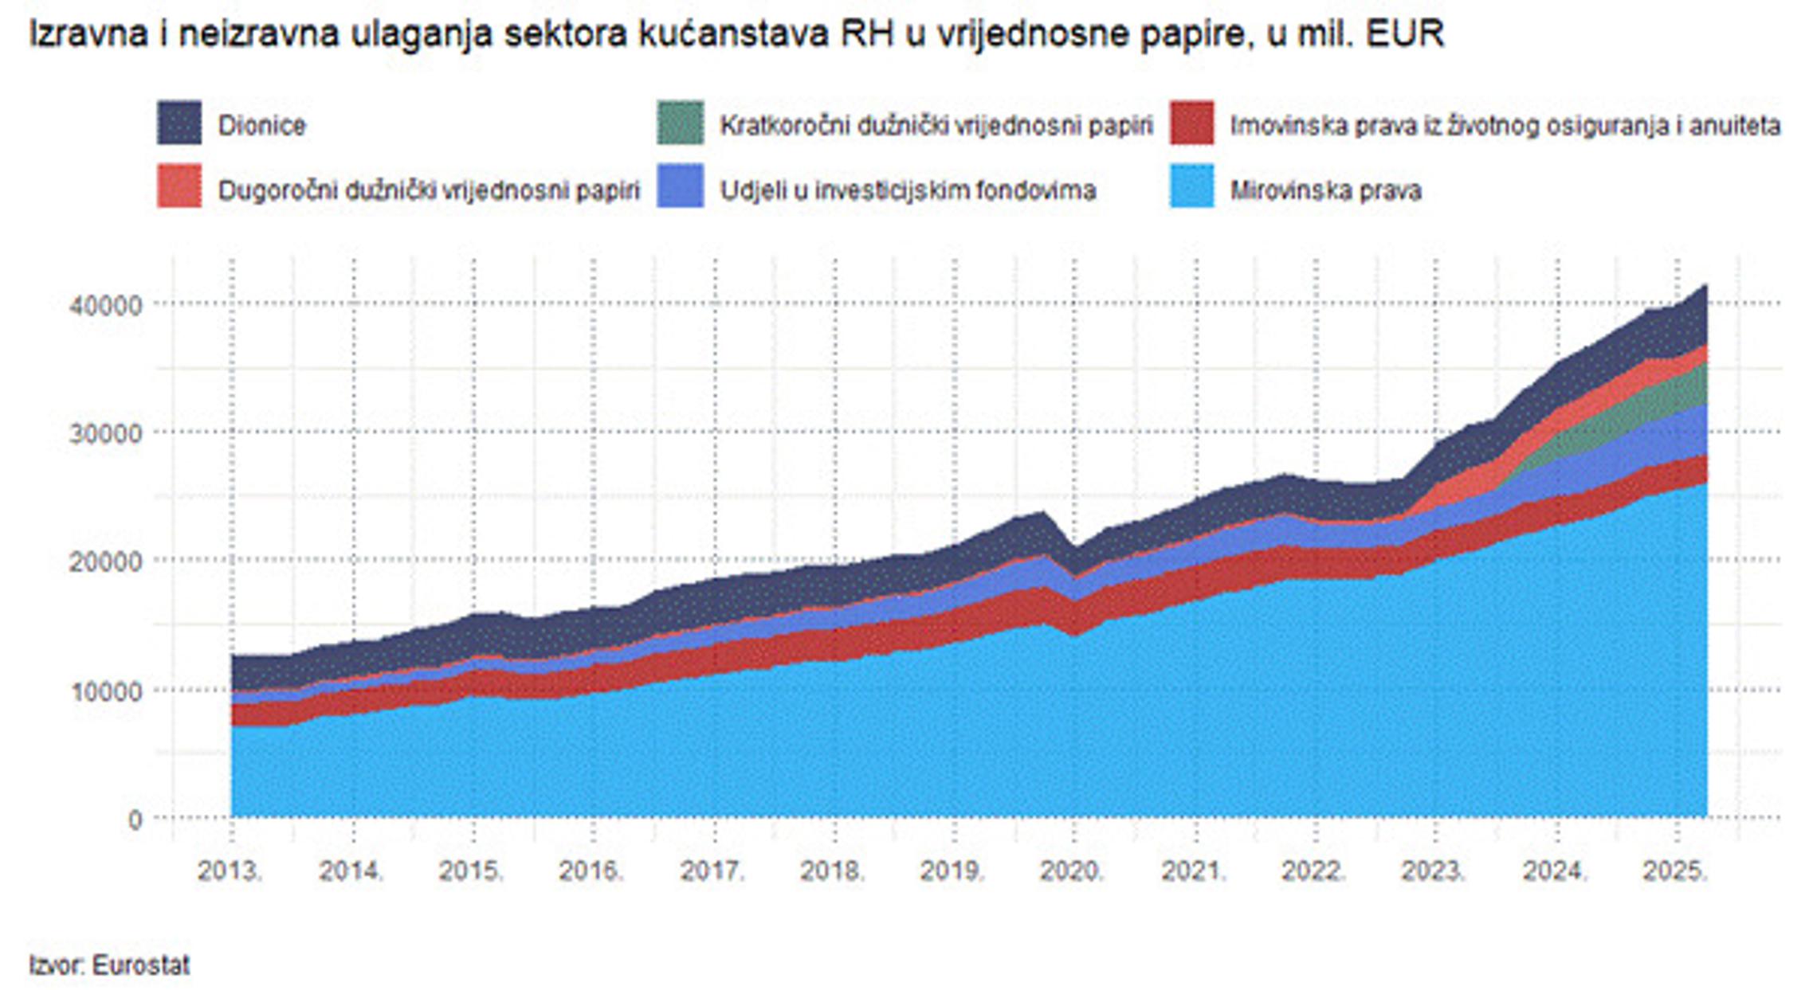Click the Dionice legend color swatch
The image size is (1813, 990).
179,122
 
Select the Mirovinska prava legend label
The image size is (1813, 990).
1325,190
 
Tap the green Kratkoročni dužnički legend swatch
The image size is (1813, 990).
680,122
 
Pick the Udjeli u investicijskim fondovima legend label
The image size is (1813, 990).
908,190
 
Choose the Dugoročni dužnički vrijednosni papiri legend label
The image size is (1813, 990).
429,190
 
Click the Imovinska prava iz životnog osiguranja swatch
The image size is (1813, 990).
1191,122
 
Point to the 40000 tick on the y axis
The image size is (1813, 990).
105,304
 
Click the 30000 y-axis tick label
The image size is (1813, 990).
105,433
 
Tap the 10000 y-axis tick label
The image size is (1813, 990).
105,691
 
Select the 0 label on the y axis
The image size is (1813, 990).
135,820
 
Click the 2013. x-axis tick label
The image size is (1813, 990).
230,871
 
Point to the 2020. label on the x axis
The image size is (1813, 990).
1072,871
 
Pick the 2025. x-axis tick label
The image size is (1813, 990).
1675,871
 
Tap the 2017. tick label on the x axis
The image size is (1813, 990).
712,871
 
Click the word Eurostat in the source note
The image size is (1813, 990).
141,965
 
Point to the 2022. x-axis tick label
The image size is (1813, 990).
1313,871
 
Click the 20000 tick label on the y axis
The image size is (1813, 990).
105,562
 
